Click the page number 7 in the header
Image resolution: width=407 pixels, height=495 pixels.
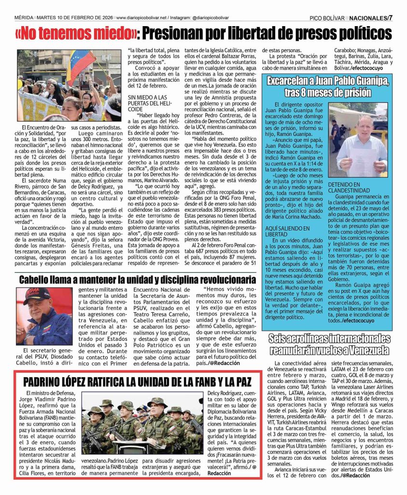[391, 18]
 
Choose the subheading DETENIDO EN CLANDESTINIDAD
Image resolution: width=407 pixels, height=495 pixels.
[351, 188]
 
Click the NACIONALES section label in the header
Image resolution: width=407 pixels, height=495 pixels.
[367, 18]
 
